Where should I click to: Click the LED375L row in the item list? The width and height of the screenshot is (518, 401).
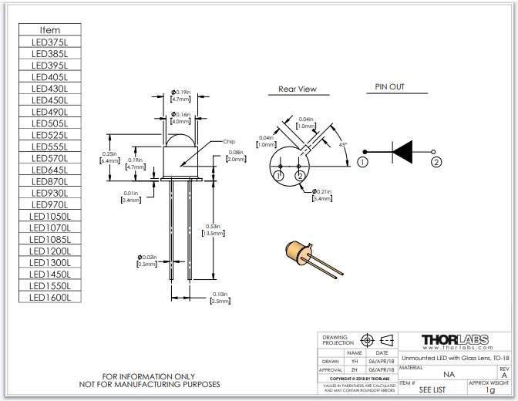pyautogui.click(x=49, y=42)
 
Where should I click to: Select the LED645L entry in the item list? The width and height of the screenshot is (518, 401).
pyautogui.click(x=49, y=170)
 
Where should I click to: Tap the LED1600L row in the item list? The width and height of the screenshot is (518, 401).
pyautogui.click(x=49, y=297)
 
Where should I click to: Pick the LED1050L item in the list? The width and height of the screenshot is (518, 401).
pyautogui.click(x=49, y=216)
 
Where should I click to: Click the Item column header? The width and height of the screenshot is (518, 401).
pyautogui.click(x=49, y=30)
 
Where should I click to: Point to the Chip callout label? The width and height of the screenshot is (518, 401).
pyautogui.click(x=229, y=142)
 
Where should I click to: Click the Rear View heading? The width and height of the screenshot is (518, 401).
pyautogui.click(x=298, y=89)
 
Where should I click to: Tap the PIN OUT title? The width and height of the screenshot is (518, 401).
pyautogui.click(x=389, y=87)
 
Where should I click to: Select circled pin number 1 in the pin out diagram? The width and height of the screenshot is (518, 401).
pyautogui.click(x=362, y=162)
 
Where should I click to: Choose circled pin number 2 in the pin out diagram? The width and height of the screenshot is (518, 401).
pyautogui.click(x=436, y=162)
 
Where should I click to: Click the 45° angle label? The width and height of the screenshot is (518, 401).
pyautogui.click(x=342, y=144)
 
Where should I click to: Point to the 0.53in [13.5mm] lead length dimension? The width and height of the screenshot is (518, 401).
pyautogui.click(x=214, y=230)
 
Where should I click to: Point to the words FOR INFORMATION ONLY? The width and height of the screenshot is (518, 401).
pyautogui.click(x=149, y=376)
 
